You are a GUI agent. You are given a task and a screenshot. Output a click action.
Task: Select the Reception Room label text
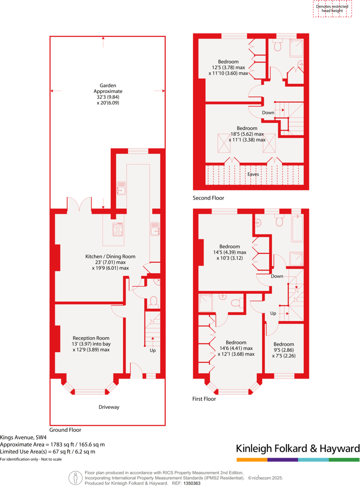point(91,338)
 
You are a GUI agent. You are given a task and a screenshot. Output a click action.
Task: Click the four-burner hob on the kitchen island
point(117,229)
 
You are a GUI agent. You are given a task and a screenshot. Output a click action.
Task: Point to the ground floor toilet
point(153,301)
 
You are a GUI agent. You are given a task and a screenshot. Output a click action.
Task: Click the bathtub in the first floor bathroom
point(297,228)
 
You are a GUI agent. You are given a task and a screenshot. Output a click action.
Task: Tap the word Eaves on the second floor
point(253,174)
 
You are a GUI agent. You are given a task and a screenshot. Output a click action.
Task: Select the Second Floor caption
point(208,198)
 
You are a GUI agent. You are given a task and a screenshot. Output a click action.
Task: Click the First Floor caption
point(204,399)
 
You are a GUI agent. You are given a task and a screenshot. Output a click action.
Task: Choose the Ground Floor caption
point(65,430)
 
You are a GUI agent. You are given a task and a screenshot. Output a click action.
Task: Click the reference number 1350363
point(192,483)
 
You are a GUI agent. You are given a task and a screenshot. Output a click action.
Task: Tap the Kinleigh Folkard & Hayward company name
point(298,449)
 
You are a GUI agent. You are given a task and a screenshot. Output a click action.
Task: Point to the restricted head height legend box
point(332,9)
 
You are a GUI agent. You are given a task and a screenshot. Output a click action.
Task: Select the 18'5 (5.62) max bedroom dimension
point(247,134)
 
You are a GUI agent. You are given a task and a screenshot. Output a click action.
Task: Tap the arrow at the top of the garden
point(103,40)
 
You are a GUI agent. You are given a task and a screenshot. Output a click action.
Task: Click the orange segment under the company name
point(252,460)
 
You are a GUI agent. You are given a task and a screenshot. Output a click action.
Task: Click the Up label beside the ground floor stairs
point(153,350)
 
